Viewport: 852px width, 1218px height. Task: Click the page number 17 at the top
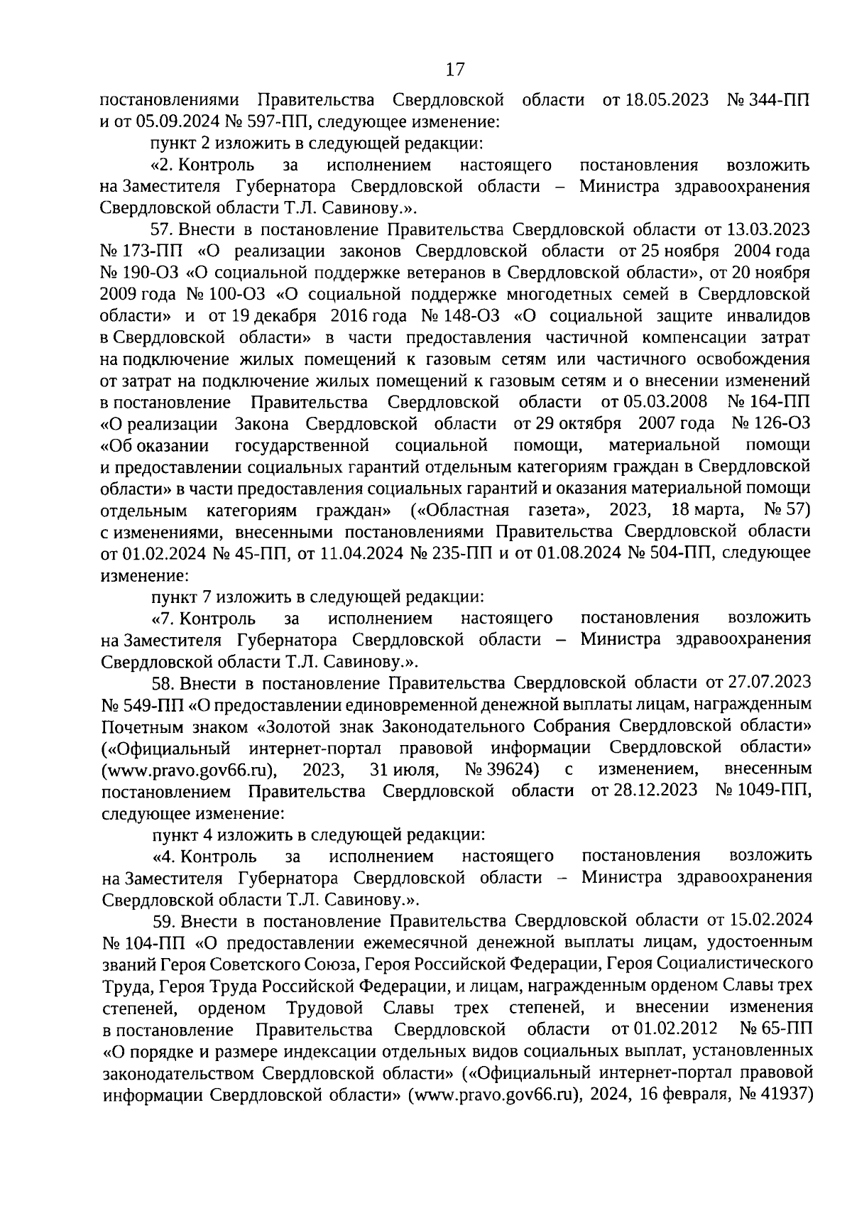click(x=454, y=69)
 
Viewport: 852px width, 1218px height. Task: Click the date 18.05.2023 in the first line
click(x=665, y=99)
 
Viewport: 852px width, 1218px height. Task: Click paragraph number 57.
click(x=163, y=229)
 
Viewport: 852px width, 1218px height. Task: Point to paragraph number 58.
click(x=163, y=683)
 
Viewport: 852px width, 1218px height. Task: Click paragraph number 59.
click(x=164, y=921)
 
